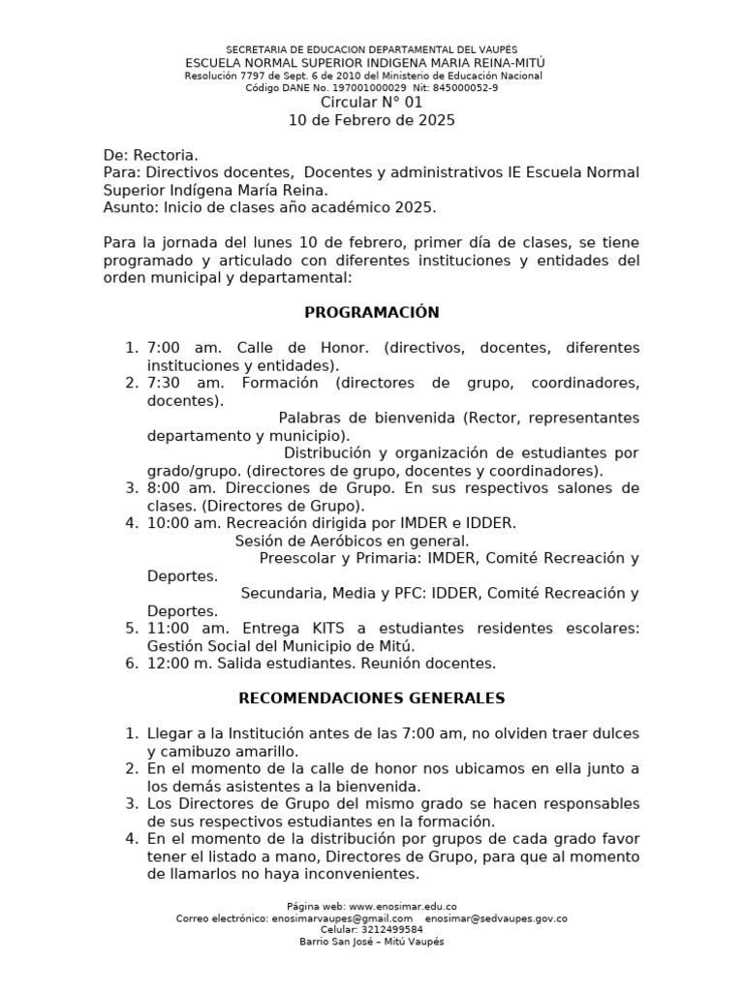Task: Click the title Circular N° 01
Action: coord(371,104)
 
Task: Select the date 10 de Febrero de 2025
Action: coord(371,121)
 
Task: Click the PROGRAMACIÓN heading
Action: coord(371,313)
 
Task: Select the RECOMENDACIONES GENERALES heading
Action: coord(371,697)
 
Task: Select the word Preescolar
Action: coord(299,558)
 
